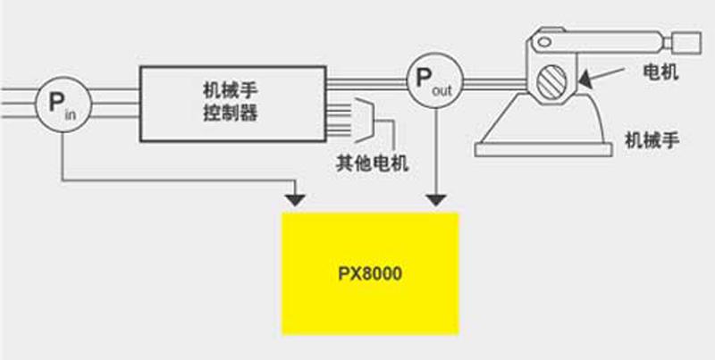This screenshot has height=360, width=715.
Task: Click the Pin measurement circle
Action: click(61, 104)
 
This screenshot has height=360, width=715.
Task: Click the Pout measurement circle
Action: click(435, 79)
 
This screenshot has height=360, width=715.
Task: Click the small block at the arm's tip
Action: click(684, 41)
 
